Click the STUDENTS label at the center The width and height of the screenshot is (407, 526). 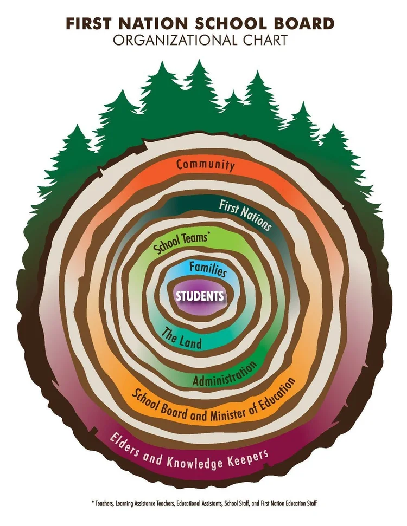(200, 296)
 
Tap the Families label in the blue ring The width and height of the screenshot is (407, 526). (208, 269)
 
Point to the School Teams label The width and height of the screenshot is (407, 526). (180, 243)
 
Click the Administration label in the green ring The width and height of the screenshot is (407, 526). (225, 375)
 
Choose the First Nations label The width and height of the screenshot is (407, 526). (245, 215)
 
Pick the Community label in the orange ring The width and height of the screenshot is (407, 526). (205, 165)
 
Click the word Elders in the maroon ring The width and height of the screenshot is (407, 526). (124, 445)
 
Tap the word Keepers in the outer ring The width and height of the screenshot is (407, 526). (249, 459)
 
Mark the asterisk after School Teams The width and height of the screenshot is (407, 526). (208, 235)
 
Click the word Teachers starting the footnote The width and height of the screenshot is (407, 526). (104, 503)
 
